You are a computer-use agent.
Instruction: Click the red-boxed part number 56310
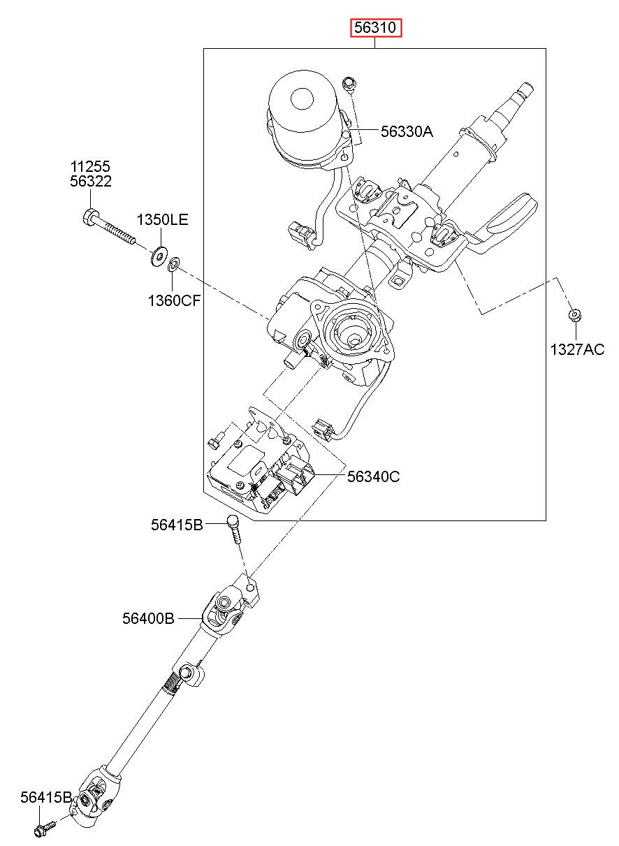click(375, 27)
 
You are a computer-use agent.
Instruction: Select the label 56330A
click(407, 131)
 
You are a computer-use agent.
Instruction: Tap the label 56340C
click(373, 476)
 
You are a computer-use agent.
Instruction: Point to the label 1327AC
click(576, 349)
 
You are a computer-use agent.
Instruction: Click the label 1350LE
click(162, 219)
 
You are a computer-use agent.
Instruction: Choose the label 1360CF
click(174, 300)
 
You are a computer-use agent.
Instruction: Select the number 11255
click(90, 166)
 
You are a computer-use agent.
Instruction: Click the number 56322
click(91, 182)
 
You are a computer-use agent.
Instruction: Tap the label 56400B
click(148, 618)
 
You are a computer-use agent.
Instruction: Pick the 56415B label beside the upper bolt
click(177, 525)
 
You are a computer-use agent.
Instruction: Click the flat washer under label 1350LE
click(158, 256)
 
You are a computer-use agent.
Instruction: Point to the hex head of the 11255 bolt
click(90, 217)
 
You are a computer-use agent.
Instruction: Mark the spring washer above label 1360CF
click(173, 263)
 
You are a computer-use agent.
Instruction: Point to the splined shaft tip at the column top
click(525, 91)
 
